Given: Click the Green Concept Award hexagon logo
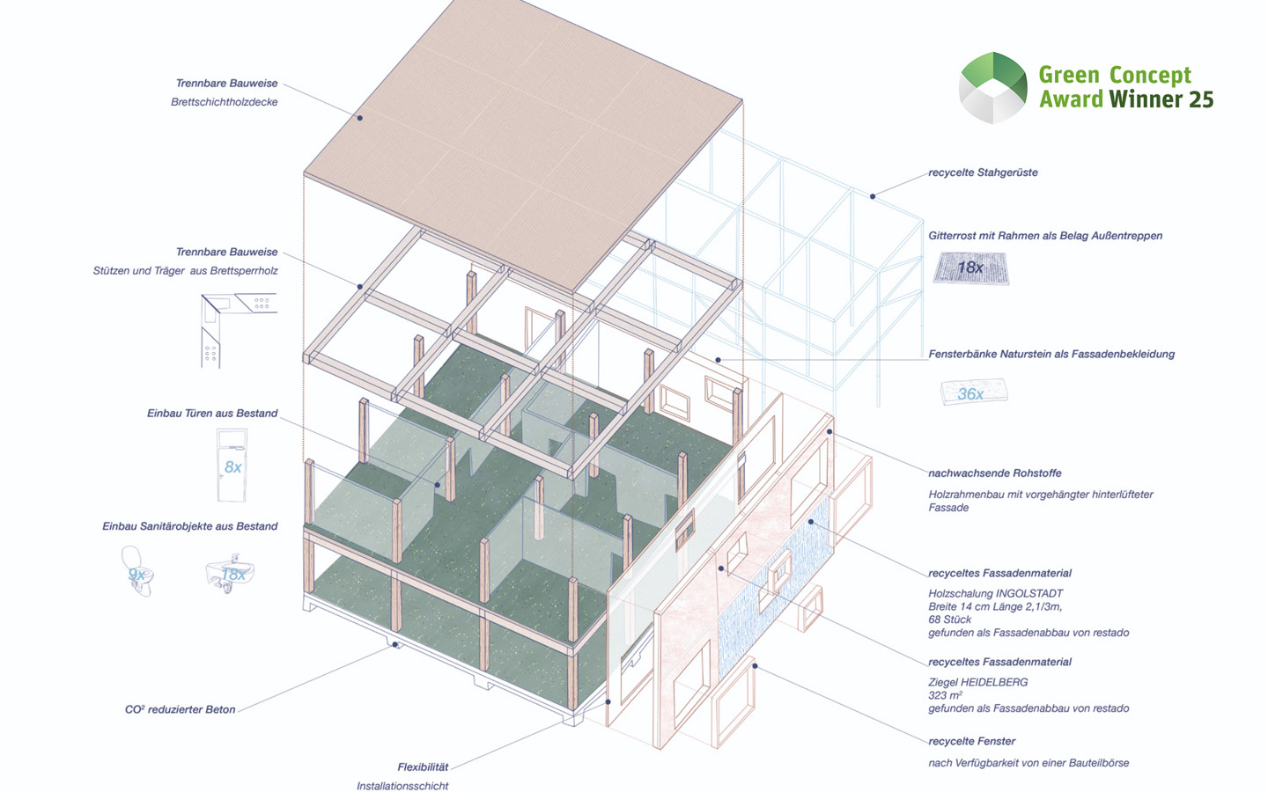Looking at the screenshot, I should (992, 87).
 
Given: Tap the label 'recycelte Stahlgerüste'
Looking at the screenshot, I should (983, 172).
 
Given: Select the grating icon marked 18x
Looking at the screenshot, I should (970, 268).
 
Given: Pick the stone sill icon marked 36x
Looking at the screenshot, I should (972, 392).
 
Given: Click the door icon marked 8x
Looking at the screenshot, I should (232, 466).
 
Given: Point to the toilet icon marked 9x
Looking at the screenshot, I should (137, 572).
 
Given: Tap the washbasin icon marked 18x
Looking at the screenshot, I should (231, 574).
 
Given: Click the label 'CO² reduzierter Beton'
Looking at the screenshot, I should (180, 709).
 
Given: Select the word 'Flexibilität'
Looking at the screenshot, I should (423, 767).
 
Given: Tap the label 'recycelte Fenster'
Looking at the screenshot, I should (971, 741).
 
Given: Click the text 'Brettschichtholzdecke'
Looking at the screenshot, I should (224, 102).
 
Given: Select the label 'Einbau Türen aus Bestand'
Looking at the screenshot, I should (212, 413).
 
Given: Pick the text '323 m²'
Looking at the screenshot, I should (945, 695).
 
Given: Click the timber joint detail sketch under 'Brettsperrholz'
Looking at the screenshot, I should (238, 328).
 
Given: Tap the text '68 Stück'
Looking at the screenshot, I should (949, 620).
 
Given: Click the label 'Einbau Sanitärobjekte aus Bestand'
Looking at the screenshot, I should (189, 526).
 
